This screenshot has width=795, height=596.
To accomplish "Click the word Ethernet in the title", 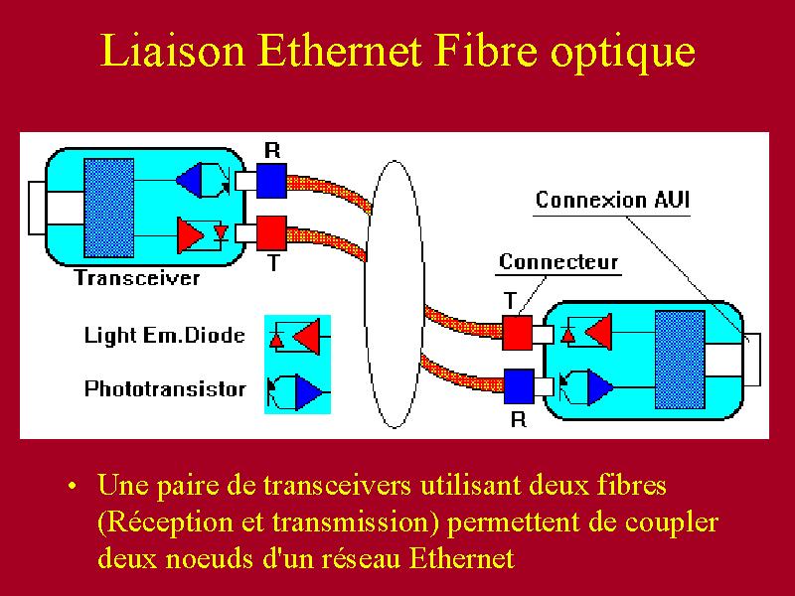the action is (x=340, y=52).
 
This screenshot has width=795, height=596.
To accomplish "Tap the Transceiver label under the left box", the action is (x=137, y=278).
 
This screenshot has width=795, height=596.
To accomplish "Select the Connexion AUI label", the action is (x=612, y=200).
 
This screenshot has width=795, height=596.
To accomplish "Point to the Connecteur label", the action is (x=558, y=261).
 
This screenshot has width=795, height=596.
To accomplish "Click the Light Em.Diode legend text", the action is (x=165, y=335).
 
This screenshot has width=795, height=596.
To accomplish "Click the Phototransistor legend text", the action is (x=165, y=388).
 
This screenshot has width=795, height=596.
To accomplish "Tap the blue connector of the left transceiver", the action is (x=271, y=181).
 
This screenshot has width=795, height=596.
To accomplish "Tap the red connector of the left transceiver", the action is (x=271, y=233).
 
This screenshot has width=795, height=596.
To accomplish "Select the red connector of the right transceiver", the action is (x=518, y=333).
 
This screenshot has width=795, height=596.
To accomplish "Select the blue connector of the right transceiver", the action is (x=519, y=386).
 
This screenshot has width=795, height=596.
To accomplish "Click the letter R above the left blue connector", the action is (x=272, y=150).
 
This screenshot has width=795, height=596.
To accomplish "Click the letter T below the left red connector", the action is (x=273, y=262).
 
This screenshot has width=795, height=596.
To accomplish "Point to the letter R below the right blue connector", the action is (x=518, y=419).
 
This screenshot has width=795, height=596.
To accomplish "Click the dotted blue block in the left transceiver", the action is (x=109, y=208).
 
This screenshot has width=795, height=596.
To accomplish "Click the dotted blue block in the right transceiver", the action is (x=680, y=360).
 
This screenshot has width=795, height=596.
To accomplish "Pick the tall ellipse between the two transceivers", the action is (x=366, y=294).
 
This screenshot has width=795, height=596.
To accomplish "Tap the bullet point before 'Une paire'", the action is (x=73, y=486).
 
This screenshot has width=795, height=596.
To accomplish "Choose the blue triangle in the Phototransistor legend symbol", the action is (x=306, y=392).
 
